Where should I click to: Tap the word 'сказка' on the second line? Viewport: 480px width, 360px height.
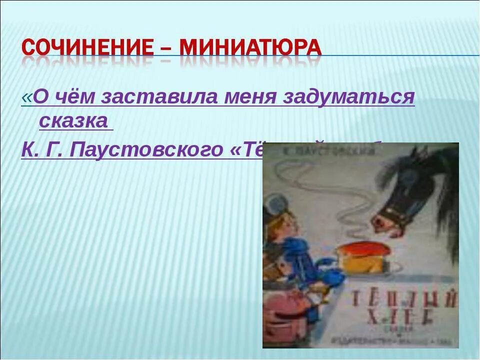tap(73, 121)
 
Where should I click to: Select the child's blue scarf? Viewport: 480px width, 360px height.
tap(300, 255)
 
